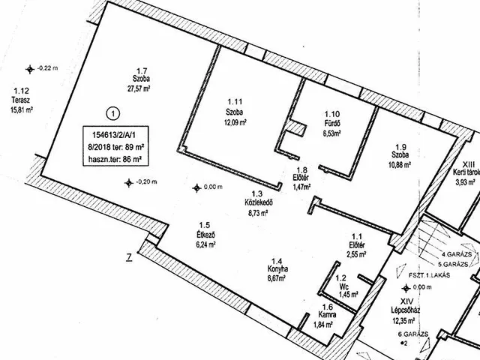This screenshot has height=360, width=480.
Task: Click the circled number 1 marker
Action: pos(113,114)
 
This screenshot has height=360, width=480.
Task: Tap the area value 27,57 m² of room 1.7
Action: pos(139,88)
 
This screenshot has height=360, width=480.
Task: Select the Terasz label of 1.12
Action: pos(21,100)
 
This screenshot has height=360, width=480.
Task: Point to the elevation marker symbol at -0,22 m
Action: pos(30,70)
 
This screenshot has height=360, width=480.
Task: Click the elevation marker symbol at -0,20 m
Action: pos(129,183)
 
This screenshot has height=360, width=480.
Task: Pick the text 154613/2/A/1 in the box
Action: pos(115,135)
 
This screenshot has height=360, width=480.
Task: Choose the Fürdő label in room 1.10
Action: pos(331,124)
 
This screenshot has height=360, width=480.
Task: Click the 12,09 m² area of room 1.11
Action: pos(235,122)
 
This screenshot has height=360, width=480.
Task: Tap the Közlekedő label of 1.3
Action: pos(259,202)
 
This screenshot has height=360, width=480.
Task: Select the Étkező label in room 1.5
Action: pos(206,235)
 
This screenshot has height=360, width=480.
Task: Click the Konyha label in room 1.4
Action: pos(277,269)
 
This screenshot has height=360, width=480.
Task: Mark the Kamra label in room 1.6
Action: pos(327,315)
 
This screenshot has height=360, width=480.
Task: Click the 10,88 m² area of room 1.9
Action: pos(400,165)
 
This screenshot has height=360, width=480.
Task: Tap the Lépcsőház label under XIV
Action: pos(405,310)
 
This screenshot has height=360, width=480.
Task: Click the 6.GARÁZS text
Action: pos(412,334)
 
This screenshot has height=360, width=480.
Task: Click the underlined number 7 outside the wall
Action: pos(129,258)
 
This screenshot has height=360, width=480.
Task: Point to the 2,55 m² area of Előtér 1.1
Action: pos(357,253)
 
